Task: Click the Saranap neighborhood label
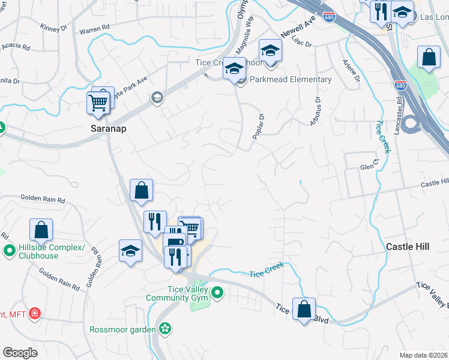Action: pyautogui.click(x=108, y=128)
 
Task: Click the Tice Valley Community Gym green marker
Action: pyautogui.click(x=217, y=293)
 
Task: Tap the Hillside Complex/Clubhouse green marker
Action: pyautogui.click(x=9, y=250)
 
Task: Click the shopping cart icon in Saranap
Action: pyautogui.click(x=98, y=103)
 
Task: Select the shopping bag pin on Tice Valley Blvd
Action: pyautogui.click(x=304, y=308)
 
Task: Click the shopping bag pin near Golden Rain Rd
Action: pyautogui.click(x=41, y=229)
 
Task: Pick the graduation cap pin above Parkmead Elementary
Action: pyautogui.click(x=235, y=68)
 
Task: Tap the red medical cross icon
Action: pyautogui.click(x=35, y=313)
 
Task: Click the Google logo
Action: pyautogui.click(x=20, y=352)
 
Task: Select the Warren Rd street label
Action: pyautogui.click(x=95, y=28)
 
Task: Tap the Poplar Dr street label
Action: pyautogui.click(x=259, y=127)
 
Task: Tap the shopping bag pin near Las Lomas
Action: pyautogui.click(x=429, y=58)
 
